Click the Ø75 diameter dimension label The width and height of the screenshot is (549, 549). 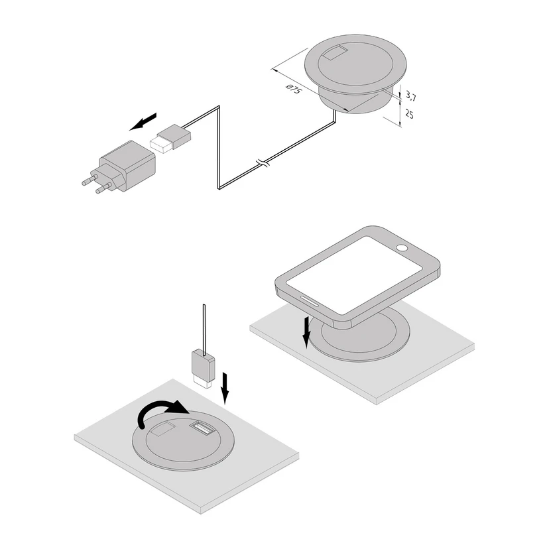click(294, 89)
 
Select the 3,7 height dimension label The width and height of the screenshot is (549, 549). click(410, 95)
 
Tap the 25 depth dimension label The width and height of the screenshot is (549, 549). click(409, 114)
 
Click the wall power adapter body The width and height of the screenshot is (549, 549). click(127, 164)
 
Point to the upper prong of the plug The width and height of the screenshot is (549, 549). click(89, 180)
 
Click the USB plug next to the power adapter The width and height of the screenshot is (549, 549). click(170, 138)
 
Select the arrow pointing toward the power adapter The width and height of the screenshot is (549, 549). click(143, 121)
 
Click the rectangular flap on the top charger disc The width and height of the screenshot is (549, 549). click(335, 53)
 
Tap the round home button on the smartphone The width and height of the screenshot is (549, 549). click(402, 248)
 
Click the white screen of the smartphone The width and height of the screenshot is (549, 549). click(354, 275)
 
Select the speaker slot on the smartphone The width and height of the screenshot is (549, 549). click(310, 301)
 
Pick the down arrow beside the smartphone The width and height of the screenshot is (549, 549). click(307, 332)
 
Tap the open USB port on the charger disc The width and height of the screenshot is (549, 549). click(201, 428)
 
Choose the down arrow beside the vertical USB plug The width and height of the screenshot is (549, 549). click(225, 389)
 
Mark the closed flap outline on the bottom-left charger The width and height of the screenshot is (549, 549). click(163, 429)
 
